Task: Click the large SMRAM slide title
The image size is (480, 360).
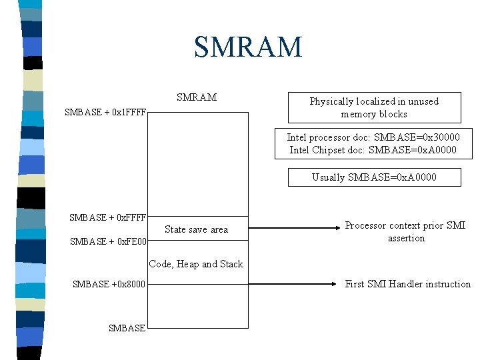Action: click(248, 47)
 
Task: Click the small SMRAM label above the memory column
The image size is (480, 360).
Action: click(197, 97)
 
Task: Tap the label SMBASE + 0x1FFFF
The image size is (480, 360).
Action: click(105, 112)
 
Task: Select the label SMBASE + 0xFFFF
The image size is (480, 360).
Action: click(108, 217)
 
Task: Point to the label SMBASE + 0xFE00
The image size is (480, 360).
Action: click(108, 242)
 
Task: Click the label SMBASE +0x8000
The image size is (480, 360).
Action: click(109, 285)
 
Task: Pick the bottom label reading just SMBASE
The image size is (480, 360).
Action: click(127, 327)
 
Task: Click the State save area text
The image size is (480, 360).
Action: click(196, 229)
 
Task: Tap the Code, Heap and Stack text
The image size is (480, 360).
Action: click(196, 264)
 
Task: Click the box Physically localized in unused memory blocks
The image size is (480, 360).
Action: click(374, 107)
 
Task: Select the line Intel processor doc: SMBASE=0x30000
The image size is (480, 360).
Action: click(373, 137)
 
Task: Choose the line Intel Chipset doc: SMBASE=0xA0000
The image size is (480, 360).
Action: click(373, 150)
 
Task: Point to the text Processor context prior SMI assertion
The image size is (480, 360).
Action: click(405, 231)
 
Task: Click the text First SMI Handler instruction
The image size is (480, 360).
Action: click(407, 284)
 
